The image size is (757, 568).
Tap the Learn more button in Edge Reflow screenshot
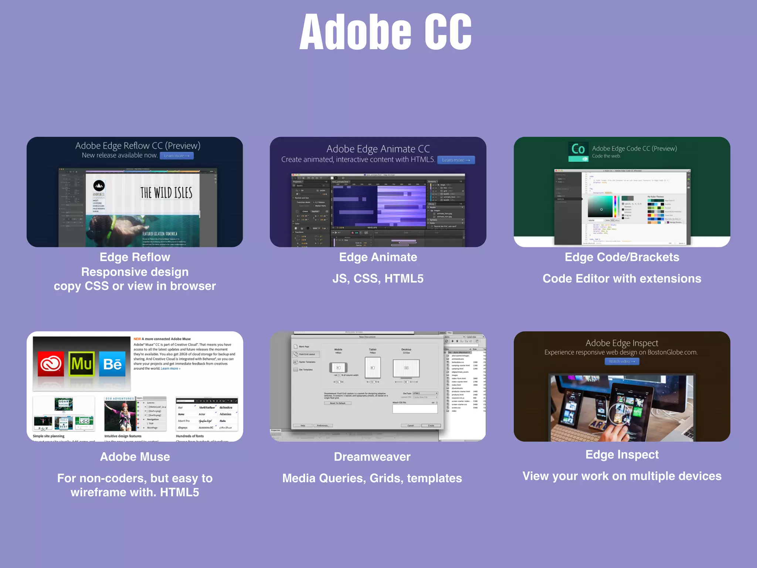[x=177, y=156]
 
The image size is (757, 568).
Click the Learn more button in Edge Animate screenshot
[x=456, y=160]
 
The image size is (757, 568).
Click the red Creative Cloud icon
[x=51, y=364]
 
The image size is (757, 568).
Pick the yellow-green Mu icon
[x=81, y=364]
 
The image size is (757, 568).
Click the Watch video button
[x=622, y=361]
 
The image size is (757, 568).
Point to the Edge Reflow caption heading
[x=135, y=257]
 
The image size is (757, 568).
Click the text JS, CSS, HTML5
[x=378, y=278]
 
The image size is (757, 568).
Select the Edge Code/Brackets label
[x=622, y=257]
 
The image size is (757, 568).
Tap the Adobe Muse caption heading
[x=135, y=457]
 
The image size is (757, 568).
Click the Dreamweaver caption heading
[x=372, y=457]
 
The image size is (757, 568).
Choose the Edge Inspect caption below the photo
[x=622, y=454]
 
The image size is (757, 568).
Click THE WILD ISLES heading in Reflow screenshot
[x=166, y=193]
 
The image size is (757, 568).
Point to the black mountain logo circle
[x=99, y=186]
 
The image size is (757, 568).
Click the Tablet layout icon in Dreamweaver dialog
[x=373, y=368]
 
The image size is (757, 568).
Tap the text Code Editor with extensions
[x=622, y=278]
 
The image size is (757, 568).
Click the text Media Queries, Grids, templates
[x=372, y=478]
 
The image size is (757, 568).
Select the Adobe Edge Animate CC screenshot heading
[x=378, y=149]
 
